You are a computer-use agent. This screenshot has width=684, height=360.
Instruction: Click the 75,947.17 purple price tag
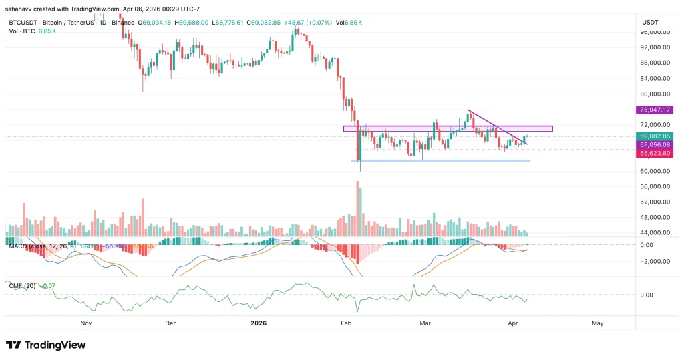(655, 110)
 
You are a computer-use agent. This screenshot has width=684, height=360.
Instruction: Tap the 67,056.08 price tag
(655, 145)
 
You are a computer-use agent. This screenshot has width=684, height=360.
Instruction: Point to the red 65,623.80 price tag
(655, 154)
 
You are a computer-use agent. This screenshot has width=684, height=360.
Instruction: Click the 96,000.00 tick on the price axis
(655, 32)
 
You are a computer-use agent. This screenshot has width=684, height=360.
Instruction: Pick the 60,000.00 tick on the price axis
(655, 171)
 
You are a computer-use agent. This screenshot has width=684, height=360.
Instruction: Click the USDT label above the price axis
(651, 22)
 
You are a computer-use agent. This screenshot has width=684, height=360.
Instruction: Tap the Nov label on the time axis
(85, 323)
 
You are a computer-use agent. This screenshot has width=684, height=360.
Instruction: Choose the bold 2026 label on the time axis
(258, 323)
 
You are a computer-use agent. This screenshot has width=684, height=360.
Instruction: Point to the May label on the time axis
(597, 323)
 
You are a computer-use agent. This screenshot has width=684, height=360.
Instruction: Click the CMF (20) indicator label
(21, 286)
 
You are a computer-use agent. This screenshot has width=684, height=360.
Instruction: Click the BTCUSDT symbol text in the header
(24, 23)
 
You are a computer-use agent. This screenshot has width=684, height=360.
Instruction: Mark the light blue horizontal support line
(441, 161)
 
